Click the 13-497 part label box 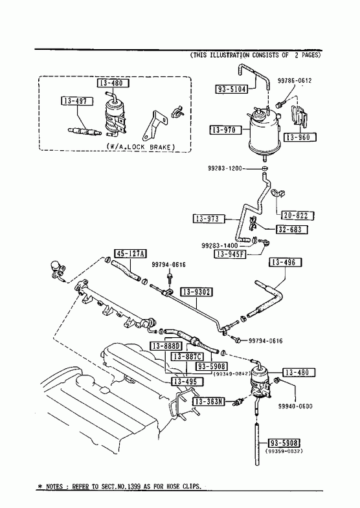77,101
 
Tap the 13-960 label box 297,137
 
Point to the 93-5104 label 232,89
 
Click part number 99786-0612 295,81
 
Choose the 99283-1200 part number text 225,168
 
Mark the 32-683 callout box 291,230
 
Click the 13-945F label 230,254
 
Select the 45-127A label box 130,253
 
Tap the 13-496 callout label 285,262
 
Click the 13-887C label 188,357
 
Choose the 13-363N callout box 208,402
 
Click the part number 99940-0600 295,406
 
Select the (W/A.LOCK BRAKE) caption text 141,147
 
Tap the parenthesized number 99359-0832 284,450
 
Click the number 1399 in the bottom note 136,486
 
